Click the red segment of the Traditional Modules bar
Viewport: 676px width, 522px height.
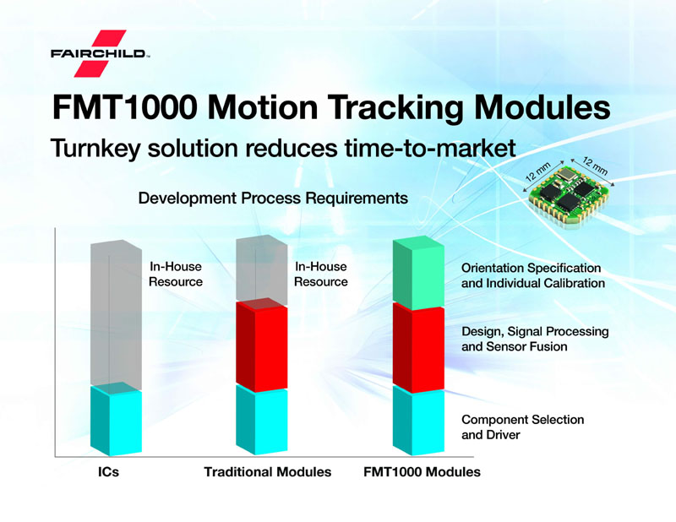261,346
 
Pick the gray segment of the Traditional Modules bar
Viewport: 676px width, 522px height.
261,270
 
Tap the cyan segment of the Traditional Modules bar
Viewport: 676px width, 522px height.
261,422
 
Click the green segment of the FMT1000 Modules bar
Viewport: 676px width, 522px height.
419,275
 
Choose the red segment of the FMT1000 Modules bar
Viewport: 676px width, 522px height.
419,348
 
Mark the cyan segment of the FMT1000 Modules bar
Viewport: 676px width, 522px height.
419,422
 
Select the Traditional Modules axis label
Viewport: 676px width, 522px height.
267,472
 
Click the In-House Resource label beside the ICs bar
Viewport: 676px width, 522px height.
176,275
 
